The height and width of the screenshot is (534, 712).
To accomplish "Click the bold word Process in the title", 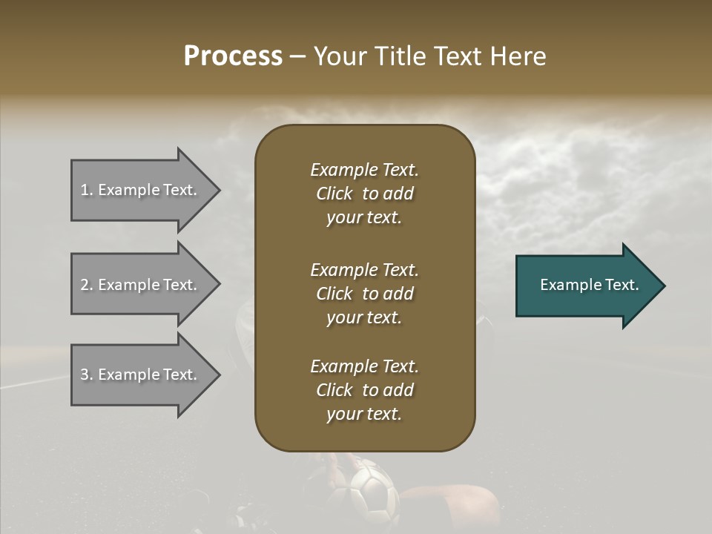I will pos(233,56).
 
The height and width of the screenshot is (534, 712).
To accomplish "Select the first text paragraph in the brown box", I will pos(364,194).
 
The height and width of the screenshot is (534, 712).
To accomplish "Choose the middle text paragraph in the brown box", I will pos(364,294).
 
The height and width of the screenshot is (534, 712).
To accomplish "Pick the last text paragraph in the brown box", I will pos(364,390).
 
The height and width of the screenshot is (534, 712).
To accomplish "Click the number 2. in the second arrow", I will pos(87,285).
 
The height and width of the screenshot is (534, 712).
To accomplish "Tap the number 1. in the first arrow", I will pos(87,190).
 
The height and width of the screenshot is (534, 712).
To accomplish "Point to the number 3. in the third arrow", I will pos(87,375).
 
